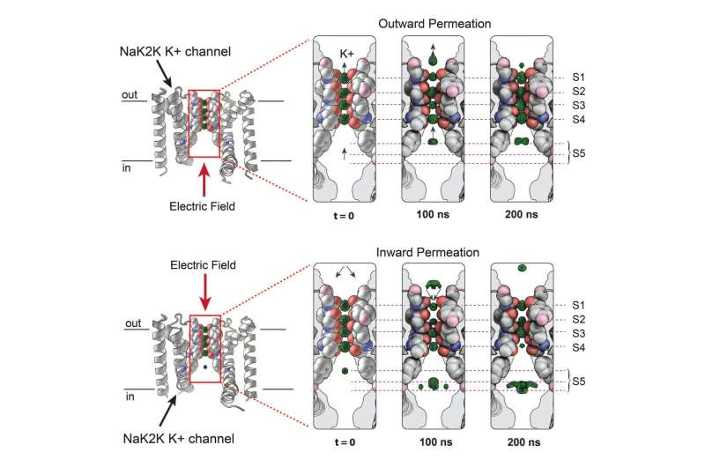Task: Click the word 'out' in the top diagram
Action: pyautogui.click(x=131, y=93)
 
